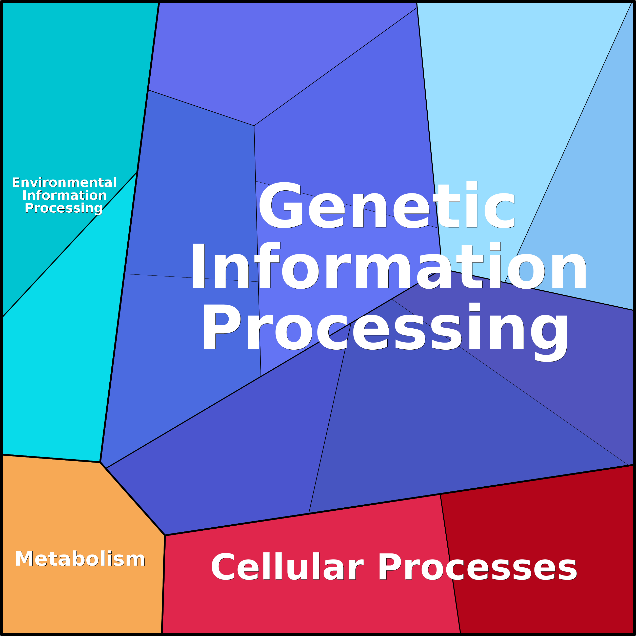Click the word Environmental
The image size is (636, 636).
(65, 182)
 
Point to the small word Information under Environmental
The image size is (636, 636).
(65, 195)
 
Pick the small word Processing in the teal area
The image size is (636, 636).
(64, 208)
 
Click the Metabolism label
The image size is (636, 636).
(80, 559)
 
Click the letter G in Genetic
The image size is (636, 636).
(281, 205)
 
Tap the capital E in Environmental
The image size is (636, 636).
(16, 182)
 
